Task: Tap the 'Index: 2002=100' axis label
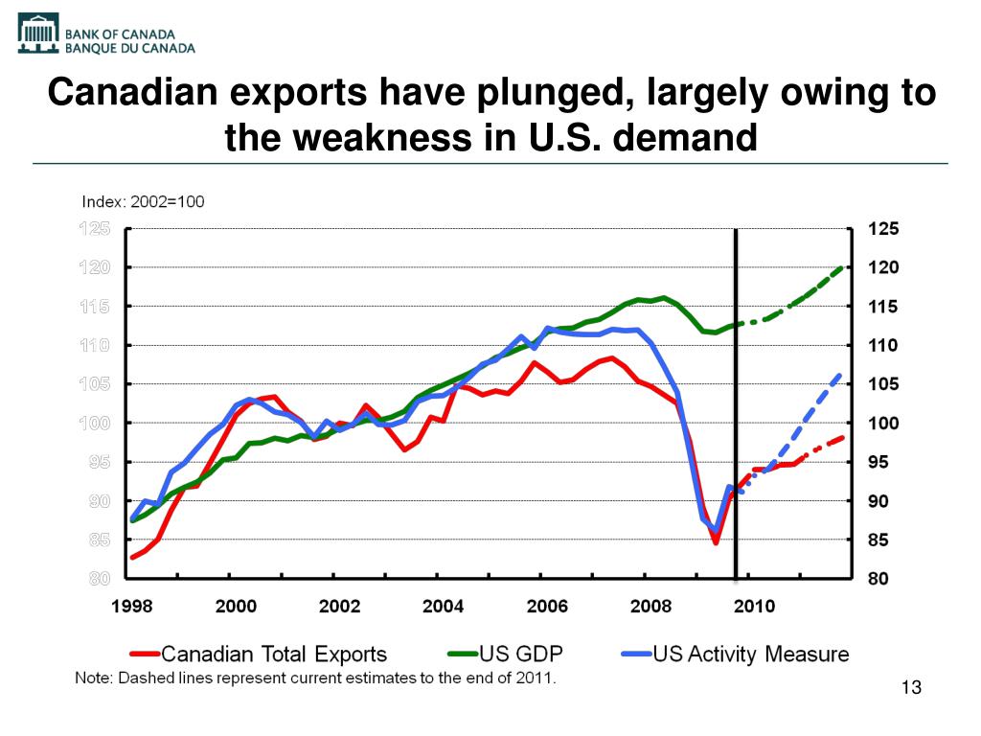click(143, 202)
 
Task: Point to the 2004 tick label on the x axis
click(444, 606)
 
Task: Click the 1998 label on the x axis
click(132, 606)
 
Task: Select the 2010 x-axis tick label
click(755, 606)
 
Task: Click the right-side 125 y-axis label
click(883, 229)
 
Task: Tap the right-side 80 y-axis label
click(878, 579)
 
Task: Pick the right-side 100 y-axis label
click(883, 424)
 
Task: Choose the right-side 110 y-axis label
click(883, 345)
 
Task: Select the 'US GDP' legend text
click(521, 655)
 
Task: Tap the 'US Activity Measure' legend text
click(750, 655)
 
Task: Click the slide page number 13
click(911, 688)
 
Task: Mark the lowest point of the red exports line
click(715, 542)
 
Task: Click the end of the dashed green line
click(844, 267)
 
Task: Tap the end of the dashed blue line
click(841, 375)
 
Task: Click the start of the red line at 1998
click(132, 557)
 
